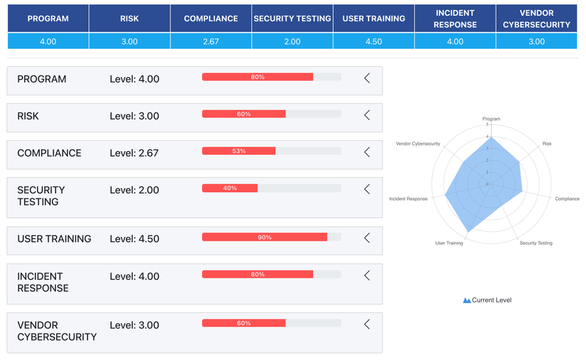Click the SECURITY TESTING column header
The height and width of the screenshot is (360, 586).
(292, 19)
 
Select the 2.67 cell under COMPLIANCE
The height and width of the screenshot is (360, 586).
(210, 42)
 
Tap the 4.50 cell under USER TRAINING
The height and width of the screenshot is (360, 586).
(373, 42)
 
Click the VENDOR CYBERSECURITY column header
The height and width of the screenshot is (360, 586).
(536, 19)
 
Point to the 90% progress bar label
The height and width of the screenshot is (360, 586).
(265, 237)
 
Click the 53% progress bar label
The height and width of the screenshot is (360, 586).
(239, 151)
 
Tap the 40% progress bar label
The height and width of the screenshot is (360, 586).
(230, 188)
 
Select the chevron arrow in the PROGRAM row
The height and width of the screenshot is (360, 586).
(367, 78)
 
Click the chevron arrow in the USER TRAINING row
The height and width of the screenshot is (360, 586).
(367, 238)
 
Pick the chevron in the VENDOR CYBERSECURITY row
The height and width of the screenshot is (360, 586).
(367, 324)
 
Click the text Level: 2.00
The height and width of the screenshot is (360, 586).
(134, 190)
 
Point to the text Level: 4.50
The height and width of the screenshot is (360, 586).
(134, 239)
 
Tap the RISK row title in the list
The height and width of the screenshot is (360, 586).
(28, 116)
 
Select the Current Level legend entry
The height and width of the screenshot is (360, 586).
(487, 300)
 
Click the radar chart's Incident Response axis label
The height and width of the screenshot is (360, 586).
(408, 199)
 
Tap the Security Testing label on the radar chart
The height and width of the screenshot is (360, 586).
(536, 243)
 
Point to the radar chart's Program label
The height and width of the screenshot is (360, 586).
(491, 119)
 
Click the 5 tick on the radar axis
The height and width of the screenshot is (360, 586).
(487, 125)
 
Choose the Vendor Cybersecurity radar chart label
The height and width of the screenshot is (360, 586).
(418, 144)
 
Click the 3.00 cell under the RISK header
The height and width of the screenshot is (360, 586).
(129, 42)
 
